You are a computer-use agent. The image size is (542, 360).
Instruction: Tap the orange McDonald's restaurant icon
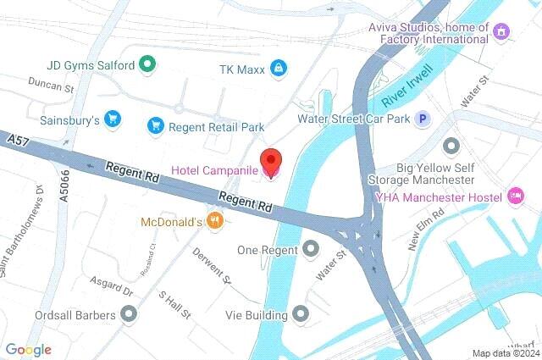216,222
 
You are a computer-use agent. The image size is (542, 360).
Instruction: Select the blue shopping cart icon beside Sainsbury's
112,119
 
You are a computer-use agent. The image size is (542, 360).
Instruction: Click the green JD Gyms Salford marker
147,64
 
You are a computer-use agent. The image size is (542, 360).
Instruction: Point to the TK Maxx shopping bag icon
277,68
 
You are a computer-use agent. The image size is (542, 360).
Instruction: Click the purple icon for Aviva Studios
502,32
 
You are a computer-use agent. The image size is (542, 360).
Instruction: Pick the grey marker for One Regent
311,249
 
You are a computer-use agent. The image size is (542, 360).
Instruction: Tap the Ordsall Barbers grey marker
129,315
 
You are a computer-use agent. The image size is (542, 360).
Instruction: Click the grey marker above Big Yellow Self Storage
451,147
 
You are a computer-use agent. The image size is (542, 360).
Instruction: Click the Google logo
28,350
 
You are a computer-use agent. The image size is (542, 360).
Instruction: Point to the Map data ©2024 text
504,353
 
